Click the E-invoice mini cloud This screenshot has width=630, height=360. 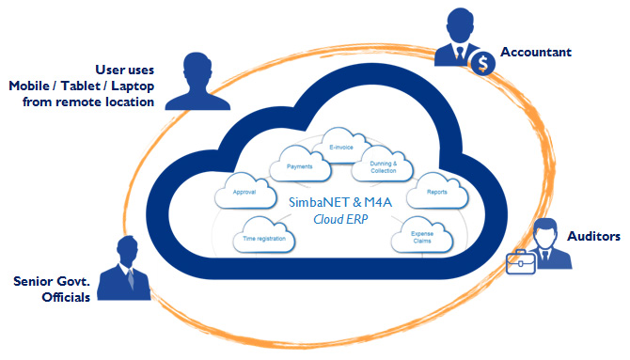341,146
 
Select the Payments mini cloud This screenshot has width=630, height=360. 300,164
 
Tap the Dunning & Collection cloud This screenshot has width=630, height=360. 383,164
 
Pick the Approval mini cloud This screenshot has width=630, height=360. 245,191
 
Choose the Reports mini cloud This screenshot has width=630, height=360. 437,191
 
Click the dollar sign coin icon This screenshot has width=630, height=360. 483,64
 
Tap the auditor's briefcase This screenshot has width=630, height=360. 521,262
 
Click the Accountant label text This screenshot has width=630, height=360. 536,52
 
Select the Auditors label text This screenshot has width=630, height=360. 593,236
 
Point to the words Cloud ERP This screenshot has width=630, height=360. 340,219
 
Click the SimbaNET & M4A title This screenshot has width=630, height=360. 340,202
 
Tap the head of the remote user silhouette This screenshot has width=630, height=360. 197,70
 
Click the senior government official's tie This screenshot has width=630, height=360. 130,277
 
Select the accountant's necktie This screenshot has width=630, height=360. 460,53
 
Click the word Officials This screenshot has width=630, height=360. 66,297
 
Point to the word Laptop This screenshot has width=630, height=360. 133,86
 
